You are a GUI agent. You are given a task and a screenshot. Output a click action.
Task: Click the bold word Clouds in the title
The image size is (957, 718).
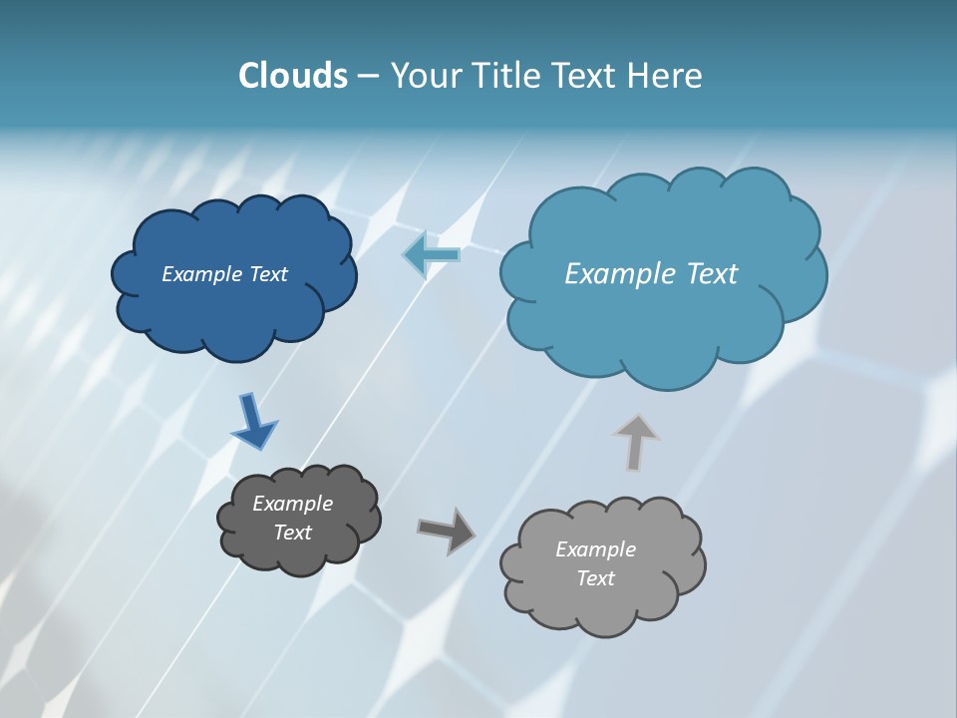click(x=292, y=76)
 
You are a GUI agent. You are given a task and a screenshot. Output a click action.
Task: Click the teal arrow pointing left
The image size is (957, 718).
click(x=432, y=255)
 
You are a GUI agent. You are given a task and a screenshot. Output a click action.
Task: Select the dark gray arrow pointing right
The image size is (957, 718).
click(x=447, y=531)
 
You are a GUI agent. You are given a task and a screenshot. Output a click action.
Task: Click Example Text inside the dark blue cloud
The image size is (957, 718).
click(x=224, y=274)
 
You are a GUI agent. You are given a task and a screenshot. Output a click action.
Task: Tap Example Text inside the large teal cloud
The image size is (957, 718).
click(x=651, y=274)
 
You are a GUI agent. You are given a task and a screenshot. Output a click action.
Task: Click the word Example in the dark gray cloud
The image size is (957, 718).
click(x=292, y=504)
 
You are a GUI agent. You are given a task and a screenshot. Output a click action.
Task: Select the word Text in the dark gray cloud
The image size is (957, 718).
click(x=292, y=533)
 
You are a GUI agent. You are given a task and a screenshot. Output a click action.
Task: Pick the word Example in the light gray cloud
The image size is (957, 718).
click(x=595, y=549)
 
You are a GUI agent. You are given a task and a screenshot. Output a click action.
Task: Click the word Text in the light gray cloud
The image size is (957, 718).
click(x=595, y=578)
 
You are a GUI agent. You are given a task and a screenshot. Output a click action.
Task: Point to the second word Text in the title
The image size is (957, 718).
click(x=586, y=76)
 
